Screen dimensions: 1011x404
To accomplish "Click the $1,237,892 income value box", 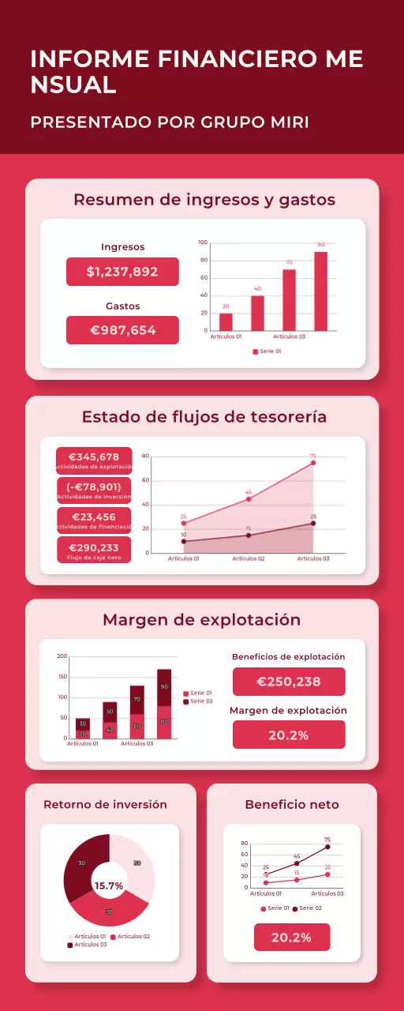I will [x=122, y=272].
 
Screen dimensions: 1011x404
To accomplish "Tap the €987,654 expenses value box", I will [x=122, y=330].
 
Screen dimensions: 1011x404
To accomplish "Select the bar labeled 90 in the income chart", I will [x=320, y=291].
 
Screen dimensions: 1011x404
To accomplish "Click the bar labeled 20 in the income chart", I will [x=226, y=322].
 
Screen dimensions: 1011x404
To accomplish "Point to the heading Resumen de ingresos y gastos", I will [x=204, y=200].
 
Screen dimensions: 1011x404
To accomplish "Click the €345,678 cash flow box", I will [x=94, y=460].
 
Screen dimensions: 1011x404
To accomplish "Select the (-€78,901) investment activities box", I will [x=94, y=490].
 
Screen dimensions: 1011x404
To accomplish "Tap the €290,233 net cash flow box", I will [x=94, y=551].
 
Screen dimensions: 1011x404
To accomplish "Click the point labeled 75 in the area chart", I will [x=313, y=463].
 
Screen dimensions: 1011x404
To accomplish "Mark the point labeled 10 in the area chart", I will [x=184, y=541].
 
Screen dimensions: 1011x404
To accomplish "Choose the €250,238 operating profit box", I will [x=289, y=682].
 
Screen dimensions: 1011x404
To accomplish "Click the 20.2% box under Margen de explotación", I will [x=289, y=735].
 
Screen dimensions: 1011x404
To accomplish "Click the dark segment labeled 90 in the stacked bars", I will [x=164, y=687].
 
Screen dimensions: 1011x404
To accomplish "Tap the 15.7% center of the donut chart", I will [x=109, y=886].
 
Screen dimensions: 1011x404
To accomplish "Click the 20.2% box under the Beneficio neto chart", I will [x=292, y=938].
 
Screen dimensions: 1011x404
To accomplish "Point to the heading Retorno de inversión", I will [x=105, y=805].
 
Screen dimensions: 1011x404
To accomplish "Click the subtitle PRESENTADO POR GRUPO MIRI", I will [x=170, y=122].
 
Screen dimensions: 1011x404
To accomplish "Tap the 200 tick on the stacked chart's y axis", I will [x=62, y=657].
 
